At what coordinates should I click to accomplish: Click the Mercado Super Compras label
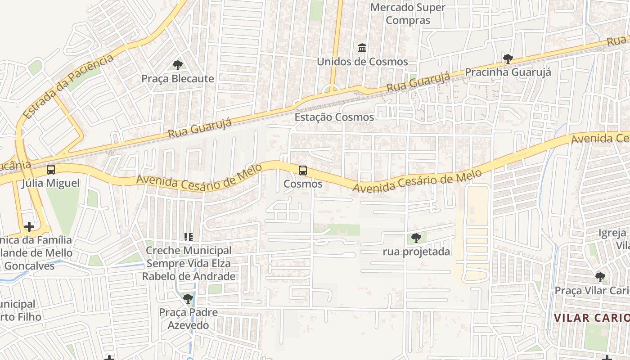coord(408,14)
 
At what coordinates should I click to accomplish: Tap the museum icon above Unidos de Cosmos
coord(362,48)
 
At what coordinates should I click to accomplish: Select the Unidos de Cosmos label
coord(362,62)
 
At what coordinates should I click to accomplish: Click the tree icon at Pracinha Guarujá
coord(508,59)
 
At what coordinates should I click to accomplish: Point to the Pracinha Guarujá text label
coord(508,72)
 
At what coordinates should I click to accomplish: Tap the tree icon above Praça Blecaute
coord(178,65)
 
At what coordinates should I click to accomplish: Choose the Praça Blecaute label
coord(178,79)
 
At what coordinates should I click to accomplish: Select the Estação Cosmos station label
coord(334,117)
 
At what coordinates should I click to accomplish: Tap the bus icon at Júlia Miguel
coord(51,170)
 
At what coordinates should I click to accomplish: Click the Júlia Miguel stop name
coord(51,183)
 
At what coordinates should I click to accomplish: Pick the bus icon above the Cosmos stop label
coord(303,171)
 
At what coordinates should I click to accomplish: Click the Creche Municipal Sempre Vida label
coord(189,263)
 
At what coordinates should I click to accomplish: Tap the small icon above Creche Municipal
coord(189,237)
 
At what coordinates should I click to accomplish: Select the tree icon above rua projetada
coord(416,238)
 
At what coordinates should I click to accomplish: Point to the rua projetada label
coord(416,252)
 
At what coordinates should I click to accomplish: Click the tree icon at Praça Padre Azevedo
coord(188,298)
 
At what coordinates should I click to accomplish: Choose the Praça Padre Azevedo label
coord(188,319)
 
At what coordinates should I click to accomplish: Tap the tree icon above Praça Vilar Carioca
coord(600,277)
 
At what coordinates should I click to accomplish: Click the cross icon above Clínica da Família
coord(29,227)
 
